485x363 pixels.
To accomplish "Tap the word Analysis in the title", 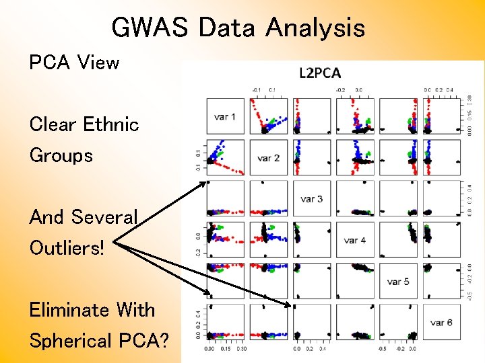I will pos(315,28).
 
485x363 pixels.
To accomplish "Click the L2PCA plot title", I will pos(320,73).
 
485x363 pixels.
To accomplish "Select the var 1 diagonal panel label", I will pos(225,117).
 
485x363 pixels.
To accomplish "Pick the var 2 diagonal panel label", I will pos(268,158).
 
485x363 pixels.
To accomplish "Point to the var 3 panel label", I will pos(311,199).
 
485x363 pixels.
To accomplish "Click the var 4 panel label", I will pos(354,240).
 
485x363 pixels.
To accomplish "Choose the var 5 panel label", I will pos(397,281).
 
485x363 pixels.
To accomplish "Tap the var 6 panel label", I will pos(441,323).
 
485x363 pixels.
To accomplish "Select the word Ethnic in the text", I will pos(111,124).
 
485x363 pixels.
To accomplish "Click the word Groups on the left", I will pos(61,155).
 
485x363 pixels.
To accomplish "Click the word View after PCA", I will pos(98,63).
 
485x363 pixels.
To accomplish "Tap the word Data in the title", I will pos(228,28).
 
